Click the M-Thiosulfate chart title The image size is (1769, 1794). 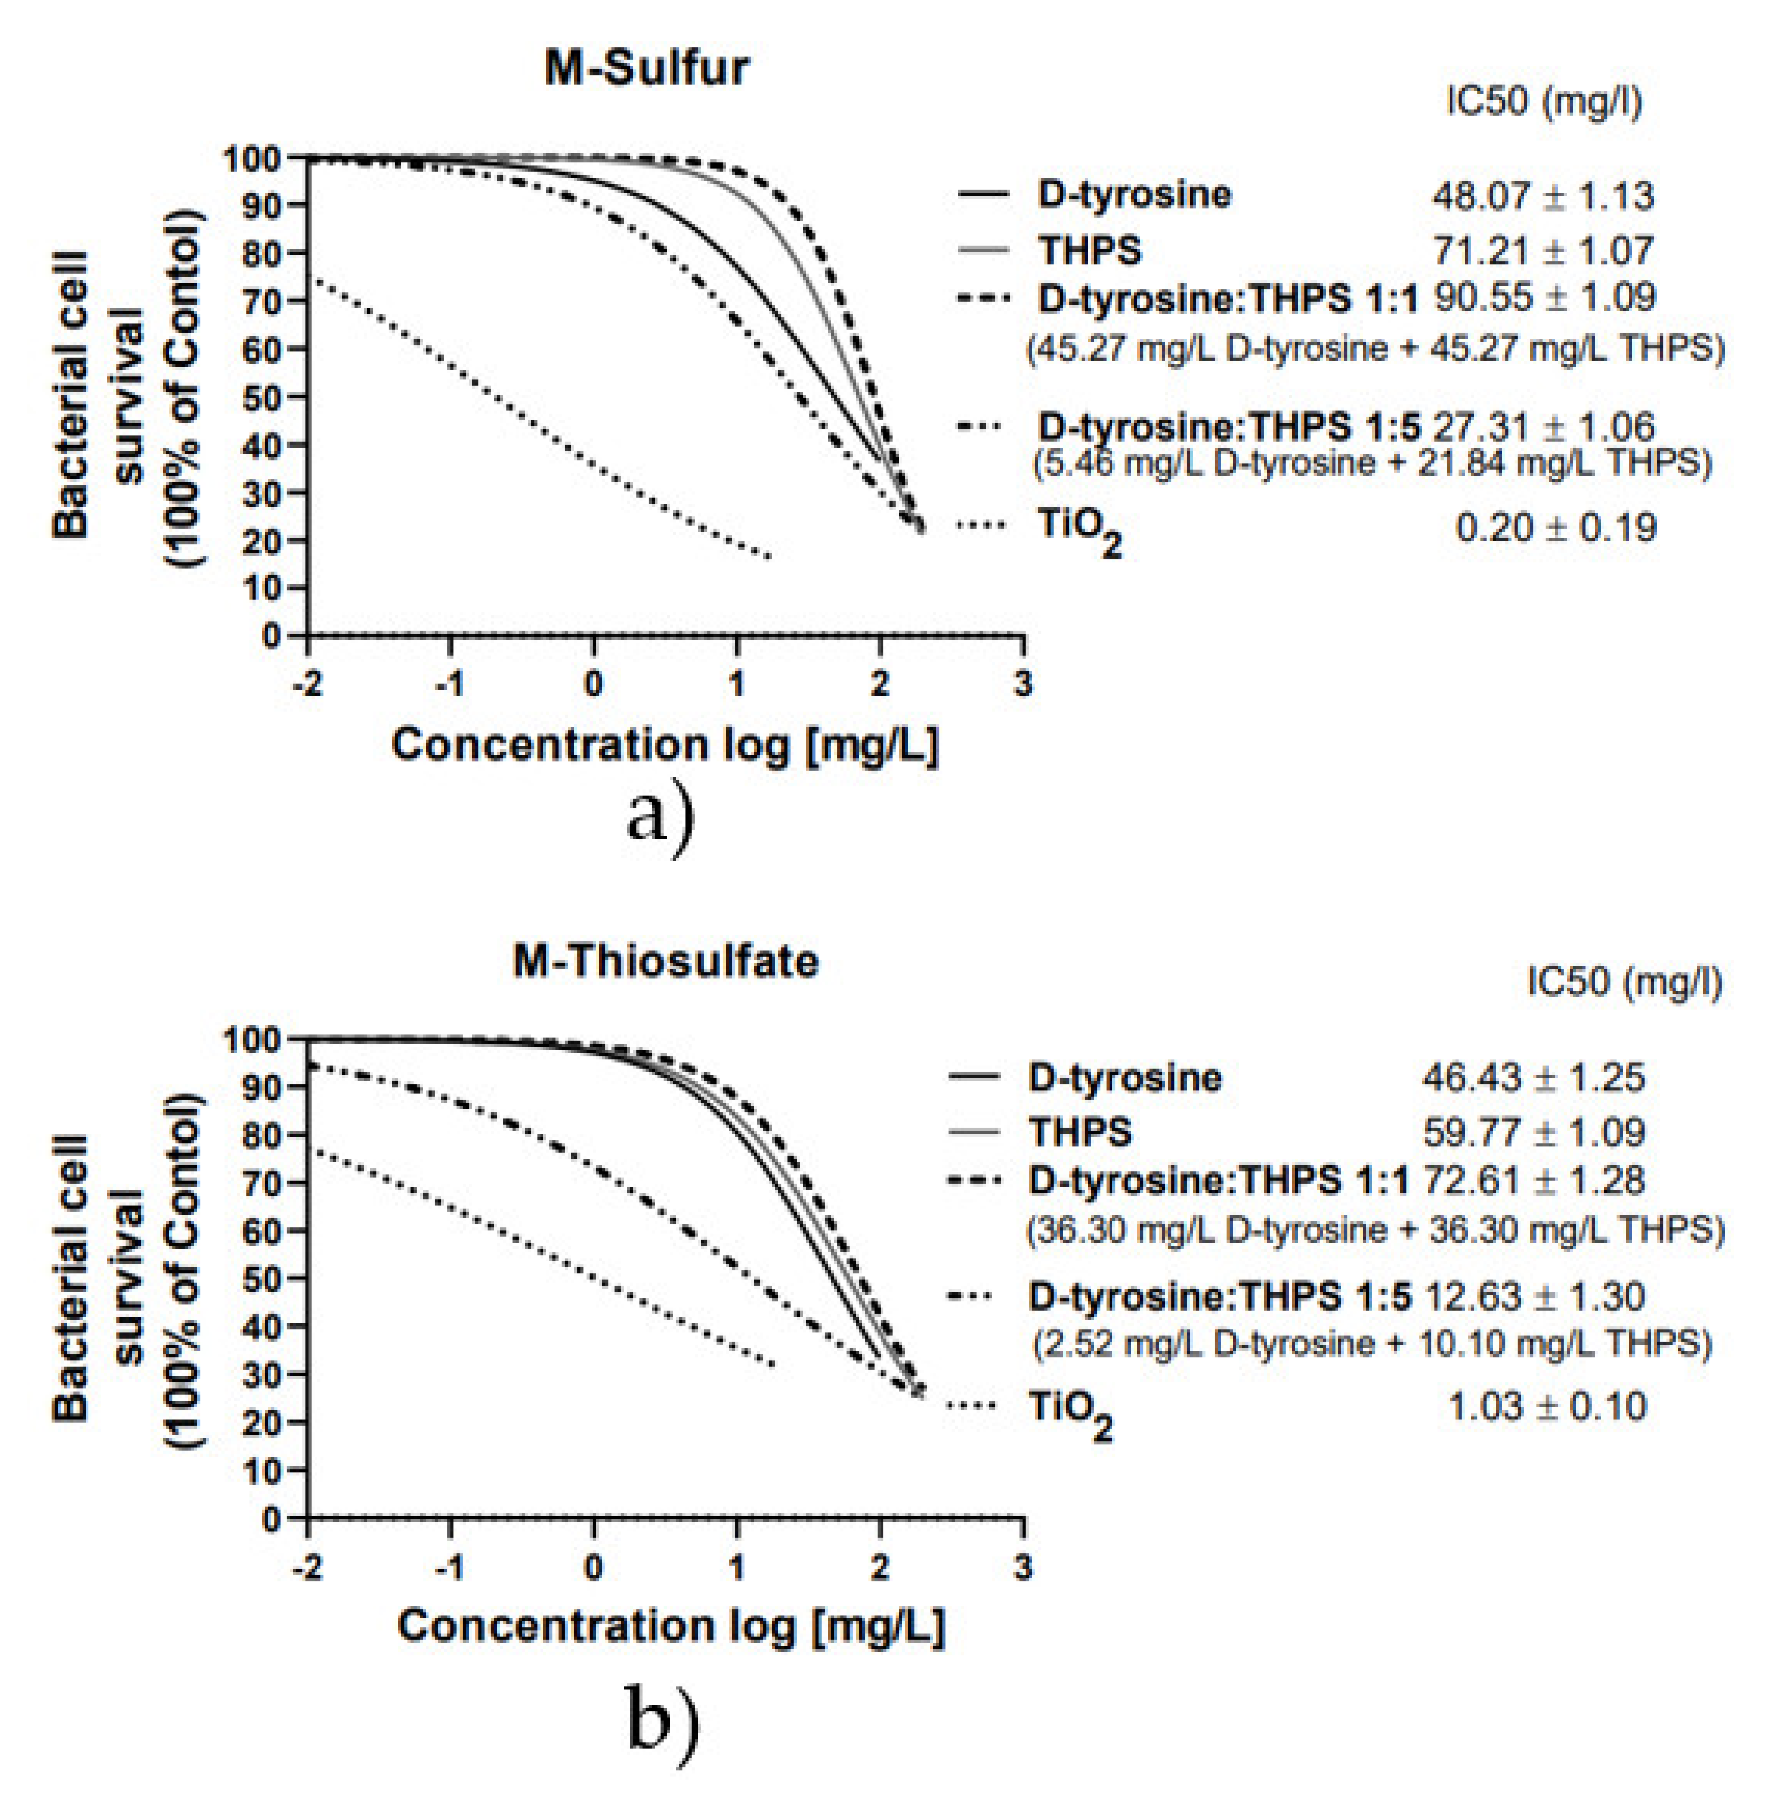pyautogui.click(x=665, y=961)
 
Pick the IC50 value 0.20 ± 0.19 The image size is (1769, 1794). pyautogui.click(x=1556, y=528)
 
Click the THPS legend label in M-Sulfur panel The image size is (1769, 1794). pyautogui.click(x=1089, y=250)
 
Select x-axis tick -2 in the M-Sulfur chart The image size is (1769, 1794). pyautogui.click(x=307, y=684)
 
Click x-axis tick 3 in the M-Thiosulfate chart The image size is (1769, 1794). pyautogui.click(x=1023, y=1568)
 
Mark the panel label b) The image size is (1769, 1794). pyautogui.click(x=662, y=1721)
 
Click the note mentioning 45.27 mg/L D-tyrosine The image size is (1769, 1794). pyautogui.click(x=1375, y=349)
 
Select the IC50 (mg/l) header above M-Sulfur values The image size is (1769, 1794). pyautogui.click(x=1543, y=100)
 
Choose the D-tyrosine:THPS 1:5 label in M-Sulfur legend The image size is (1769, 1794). pyautogui.click(x=1228, y=426)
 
